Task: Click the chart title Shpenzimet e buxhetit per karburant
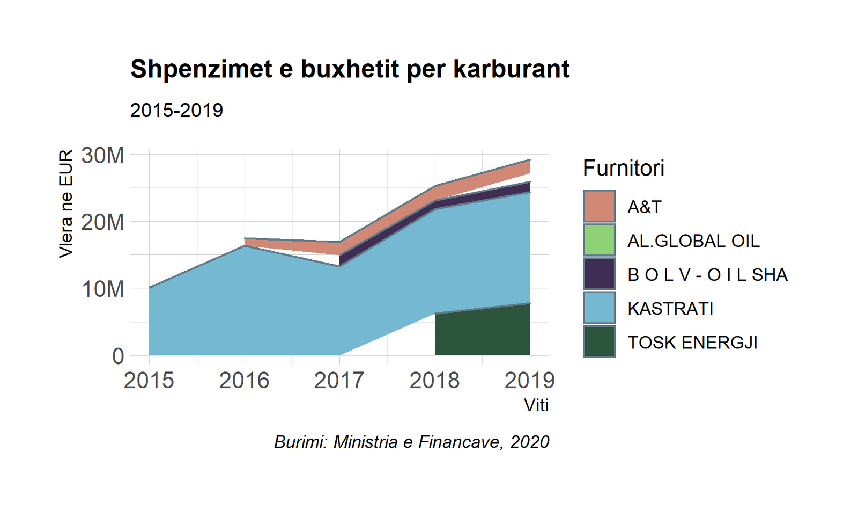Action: pos(350,69)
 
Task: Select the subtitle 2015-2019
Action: pos(176,111)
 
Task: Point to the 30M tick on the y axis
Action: pos(102,155)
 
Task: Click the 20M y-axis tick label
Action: pos(102,222)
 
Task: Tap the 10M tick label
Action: pos(102,289)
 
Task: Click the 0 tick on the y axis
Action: pos(118,356)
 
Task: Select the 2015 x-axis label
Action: pos(149,381)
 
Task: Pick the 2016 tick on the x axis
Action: pos(244,381)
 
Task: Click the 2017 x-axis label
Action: pos(339,381)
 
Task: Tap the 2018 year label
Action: pos(434,381)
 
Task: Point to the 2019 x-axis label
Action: pos(529,381)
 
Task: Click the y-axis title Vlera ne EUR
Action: pos(65,204)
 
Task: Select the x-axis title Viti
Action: pos(536,405)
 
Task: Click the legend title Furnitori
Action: pos(623,168)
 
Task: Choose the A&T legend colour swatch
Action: pos(599,206)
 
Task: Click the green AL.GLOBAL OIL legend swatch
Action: pos(599,240)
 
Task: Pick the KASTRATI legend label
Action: pos(670,309)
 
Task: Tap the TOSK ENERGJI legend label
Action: pos(692,343)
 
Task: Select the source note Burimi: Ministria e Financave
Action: pos(411,442)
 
